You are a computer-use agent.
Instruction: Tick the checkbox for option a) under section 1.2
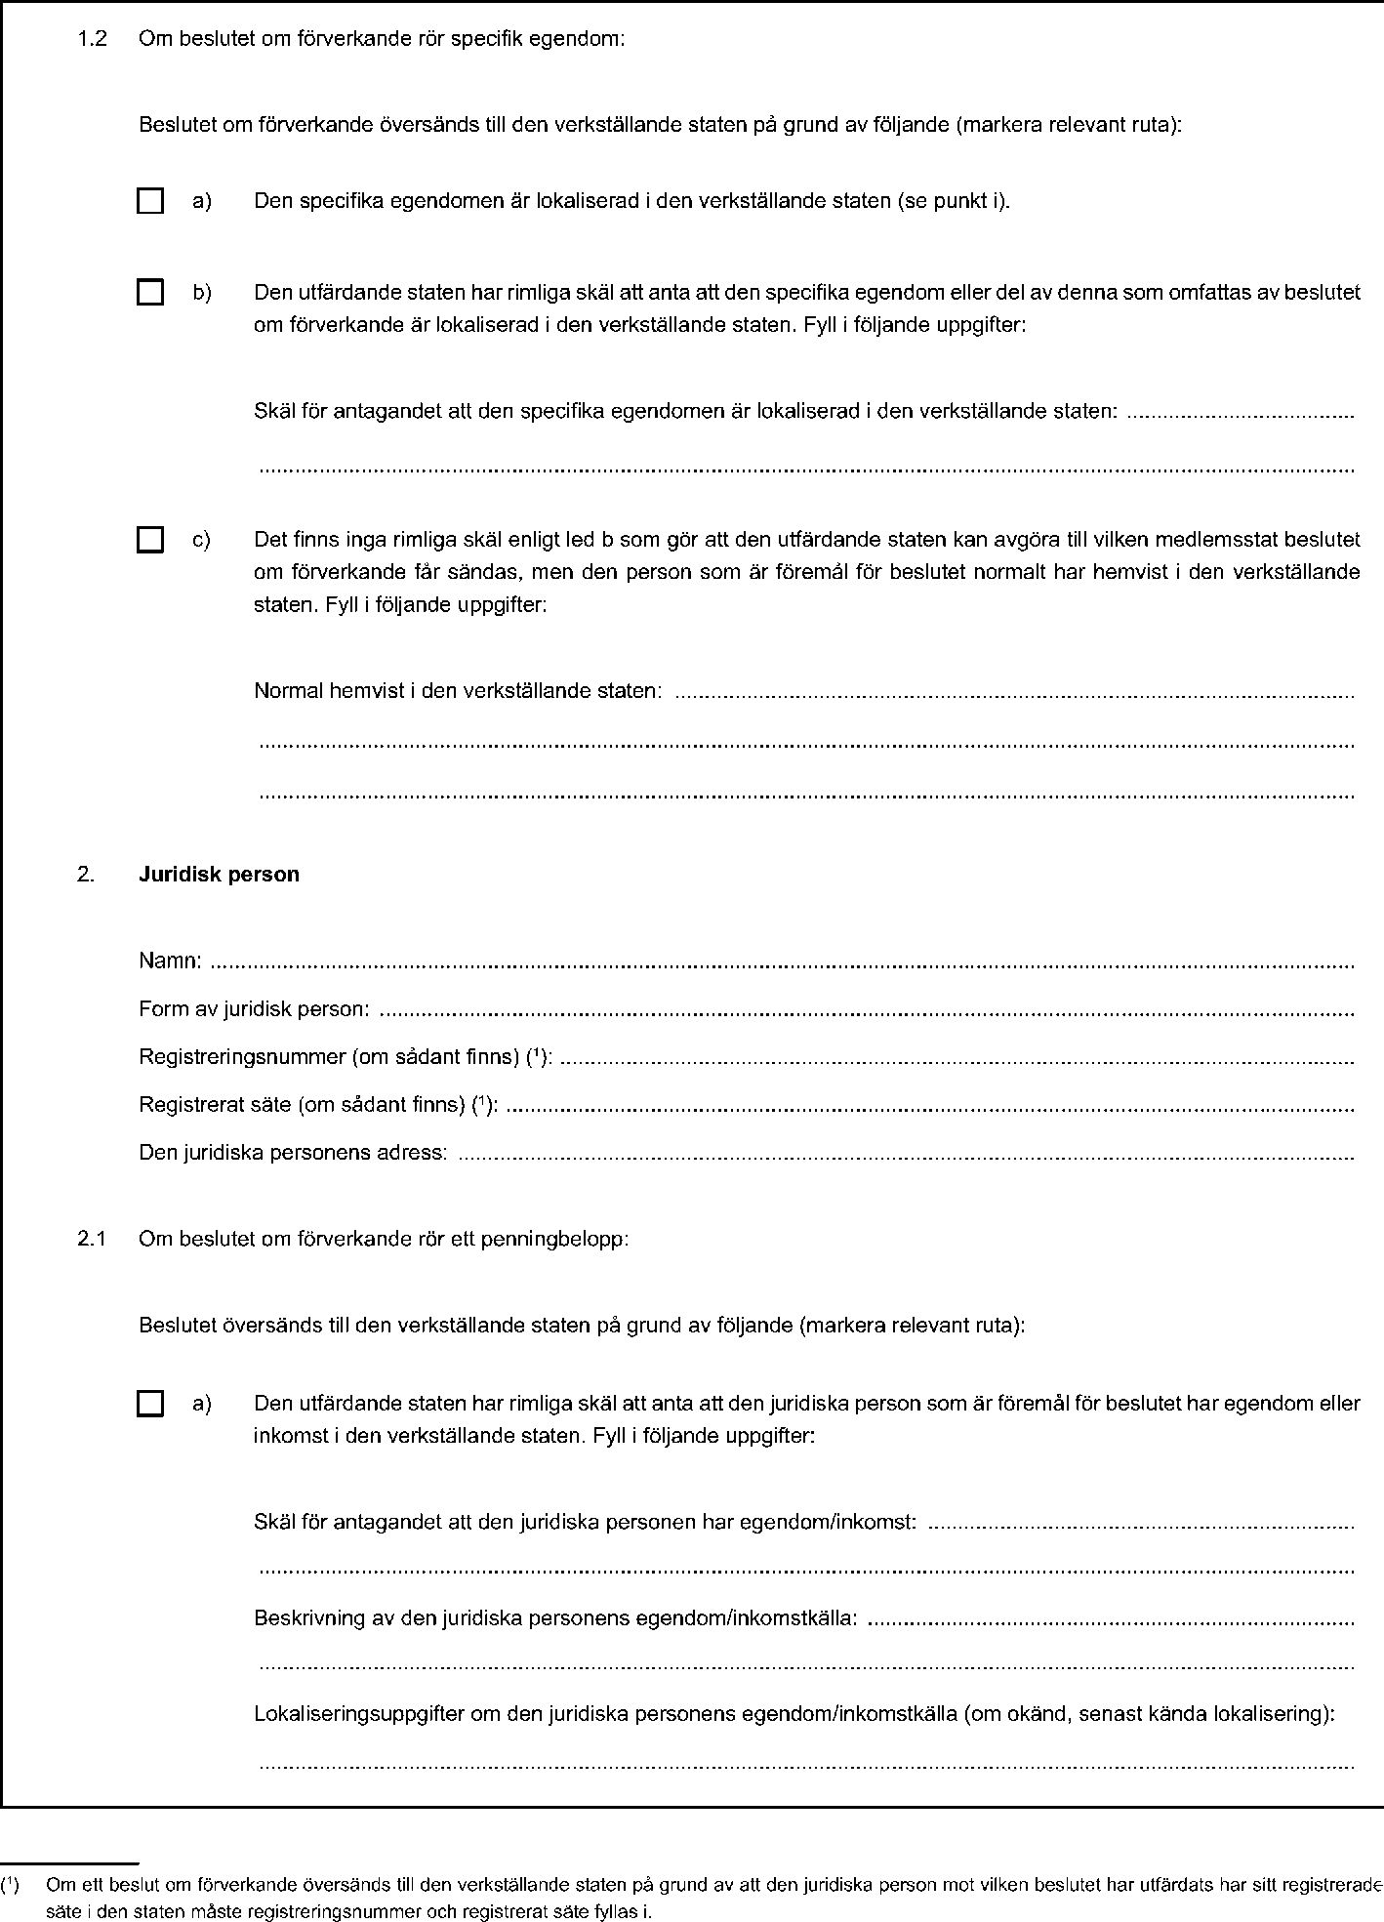(x=149, y=202)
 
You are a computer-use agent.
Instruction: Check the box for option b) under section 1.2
(x=149, y=292)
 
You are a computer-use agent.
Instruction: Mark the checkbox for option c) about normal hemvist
(x=149, y=540)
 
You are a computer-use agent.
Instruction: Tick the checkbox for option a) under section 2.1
(x=149, y=1405)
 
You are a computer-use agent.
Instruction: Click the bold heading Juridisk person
(x=219, y=875)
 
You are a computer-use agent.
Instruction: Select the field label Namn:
(x=171, y=961)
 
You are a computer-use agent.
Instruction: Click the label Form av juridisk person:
(x=254, y=1008)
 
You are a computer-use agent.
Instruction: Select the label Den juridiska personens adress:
(x=293, y=1153)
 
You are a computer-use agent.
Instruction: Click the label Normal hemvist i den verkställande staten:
(x=458, y=691)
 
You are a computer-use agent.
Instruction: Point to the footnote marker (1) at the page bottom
(x=11, y=1881)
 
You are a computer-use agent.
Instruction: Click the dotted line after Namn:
(x=781, y=964)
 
